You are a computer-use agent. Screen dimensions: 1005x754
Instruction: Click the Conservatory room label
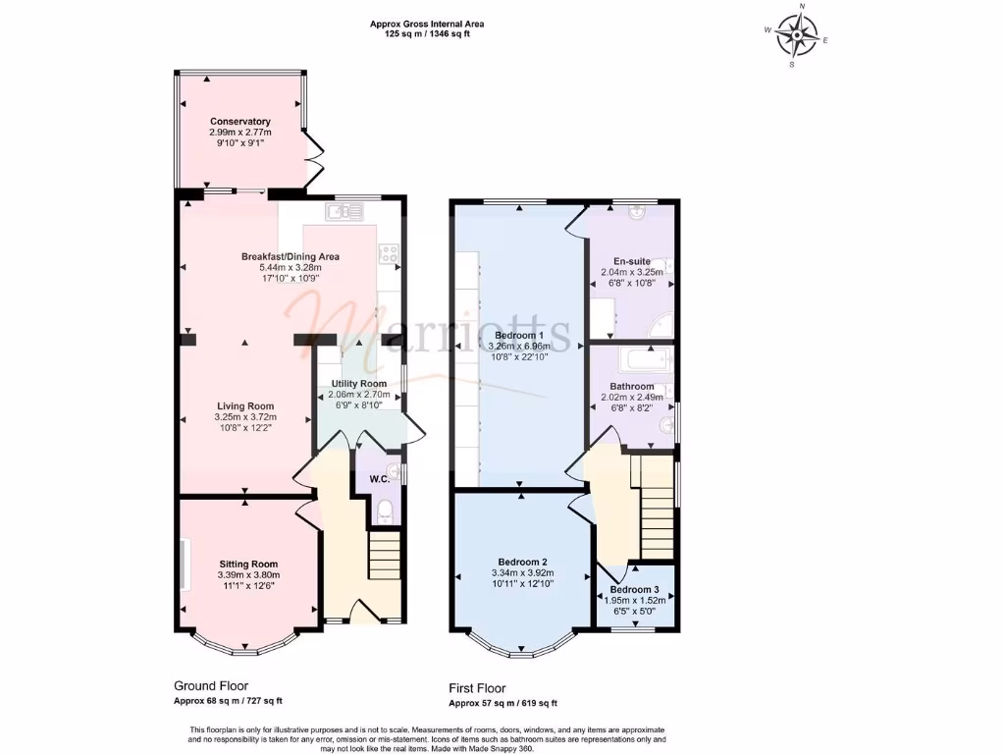coord(240,121)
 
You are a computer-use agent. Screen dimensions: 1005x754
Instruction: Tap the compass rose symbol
coord(796,34)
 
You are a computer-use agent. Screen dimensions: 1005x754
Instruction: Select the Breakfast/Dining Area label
coord(291,256)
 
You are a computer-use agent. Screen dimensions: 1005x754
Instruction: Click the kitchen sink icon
coord(344,212)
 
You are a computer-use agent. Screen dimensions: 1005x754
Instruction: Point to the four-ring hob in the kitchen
coord(389,253)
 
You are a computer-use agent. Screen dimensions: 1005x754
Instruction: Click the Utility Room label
coord(359,384)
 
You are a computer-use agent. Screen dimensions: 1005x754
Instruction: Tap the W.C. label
coord(379,479)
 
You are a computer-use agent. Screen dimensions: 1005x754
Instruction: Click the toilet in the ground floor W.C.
coord(385,511)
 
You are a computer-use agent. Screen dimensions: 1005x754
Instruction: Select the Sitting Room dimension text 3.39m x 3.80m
coord(248,575)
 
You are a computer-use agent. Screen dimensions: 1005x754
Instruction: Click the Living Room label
coord(245,405)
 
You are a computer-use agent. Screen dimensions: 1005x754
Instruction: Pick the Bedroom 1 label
coord(519,336)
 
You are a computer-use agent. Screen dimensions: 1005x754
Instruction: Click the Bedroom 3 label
coord(635,590)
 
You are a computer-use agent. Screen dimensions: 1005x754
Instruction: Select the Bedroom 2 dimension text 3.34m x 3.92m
coord(523,573)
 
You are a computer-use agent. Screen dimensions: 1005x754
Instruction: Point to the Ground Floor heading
coord(211,686)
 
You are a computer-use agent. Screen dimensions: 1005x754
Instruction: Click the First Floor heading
coord(478,688)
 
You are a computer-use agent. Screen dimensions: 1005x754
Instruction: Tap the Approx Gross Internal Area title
coord(427,25)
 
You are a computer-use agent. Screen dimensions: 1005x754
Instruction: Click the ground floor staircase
coord(384,555)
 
